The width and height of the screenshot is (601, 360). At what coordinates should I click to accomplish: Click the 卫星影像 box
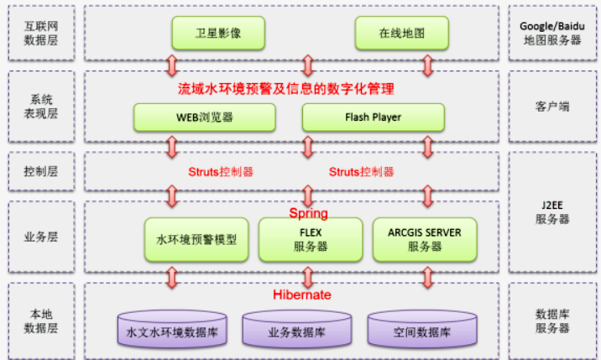218,34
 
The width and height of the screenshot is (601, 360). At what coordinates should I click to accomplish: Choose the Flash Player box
373,117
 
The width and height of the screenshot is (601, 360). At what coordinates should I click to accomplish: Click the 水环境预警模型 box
196,239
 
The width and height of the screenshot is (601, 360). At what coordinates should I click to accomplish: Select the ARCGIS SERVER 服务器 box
424,239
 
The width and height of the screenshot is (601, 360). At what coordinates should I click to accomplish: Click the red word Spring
308,213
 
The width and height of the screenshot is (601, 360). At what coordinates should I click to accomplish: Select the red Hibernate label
302,295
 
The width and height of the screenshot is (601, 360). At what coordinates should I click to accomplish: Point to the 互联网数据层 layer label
41,33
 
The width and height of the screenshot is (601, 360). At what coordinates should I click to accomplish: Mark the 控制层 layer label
41,170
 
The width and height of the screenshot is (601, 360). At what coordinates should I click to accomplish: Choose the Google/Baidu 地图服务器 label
551,33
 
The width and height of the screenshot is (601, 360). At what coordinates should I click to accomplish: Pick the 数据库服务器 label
551,320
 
